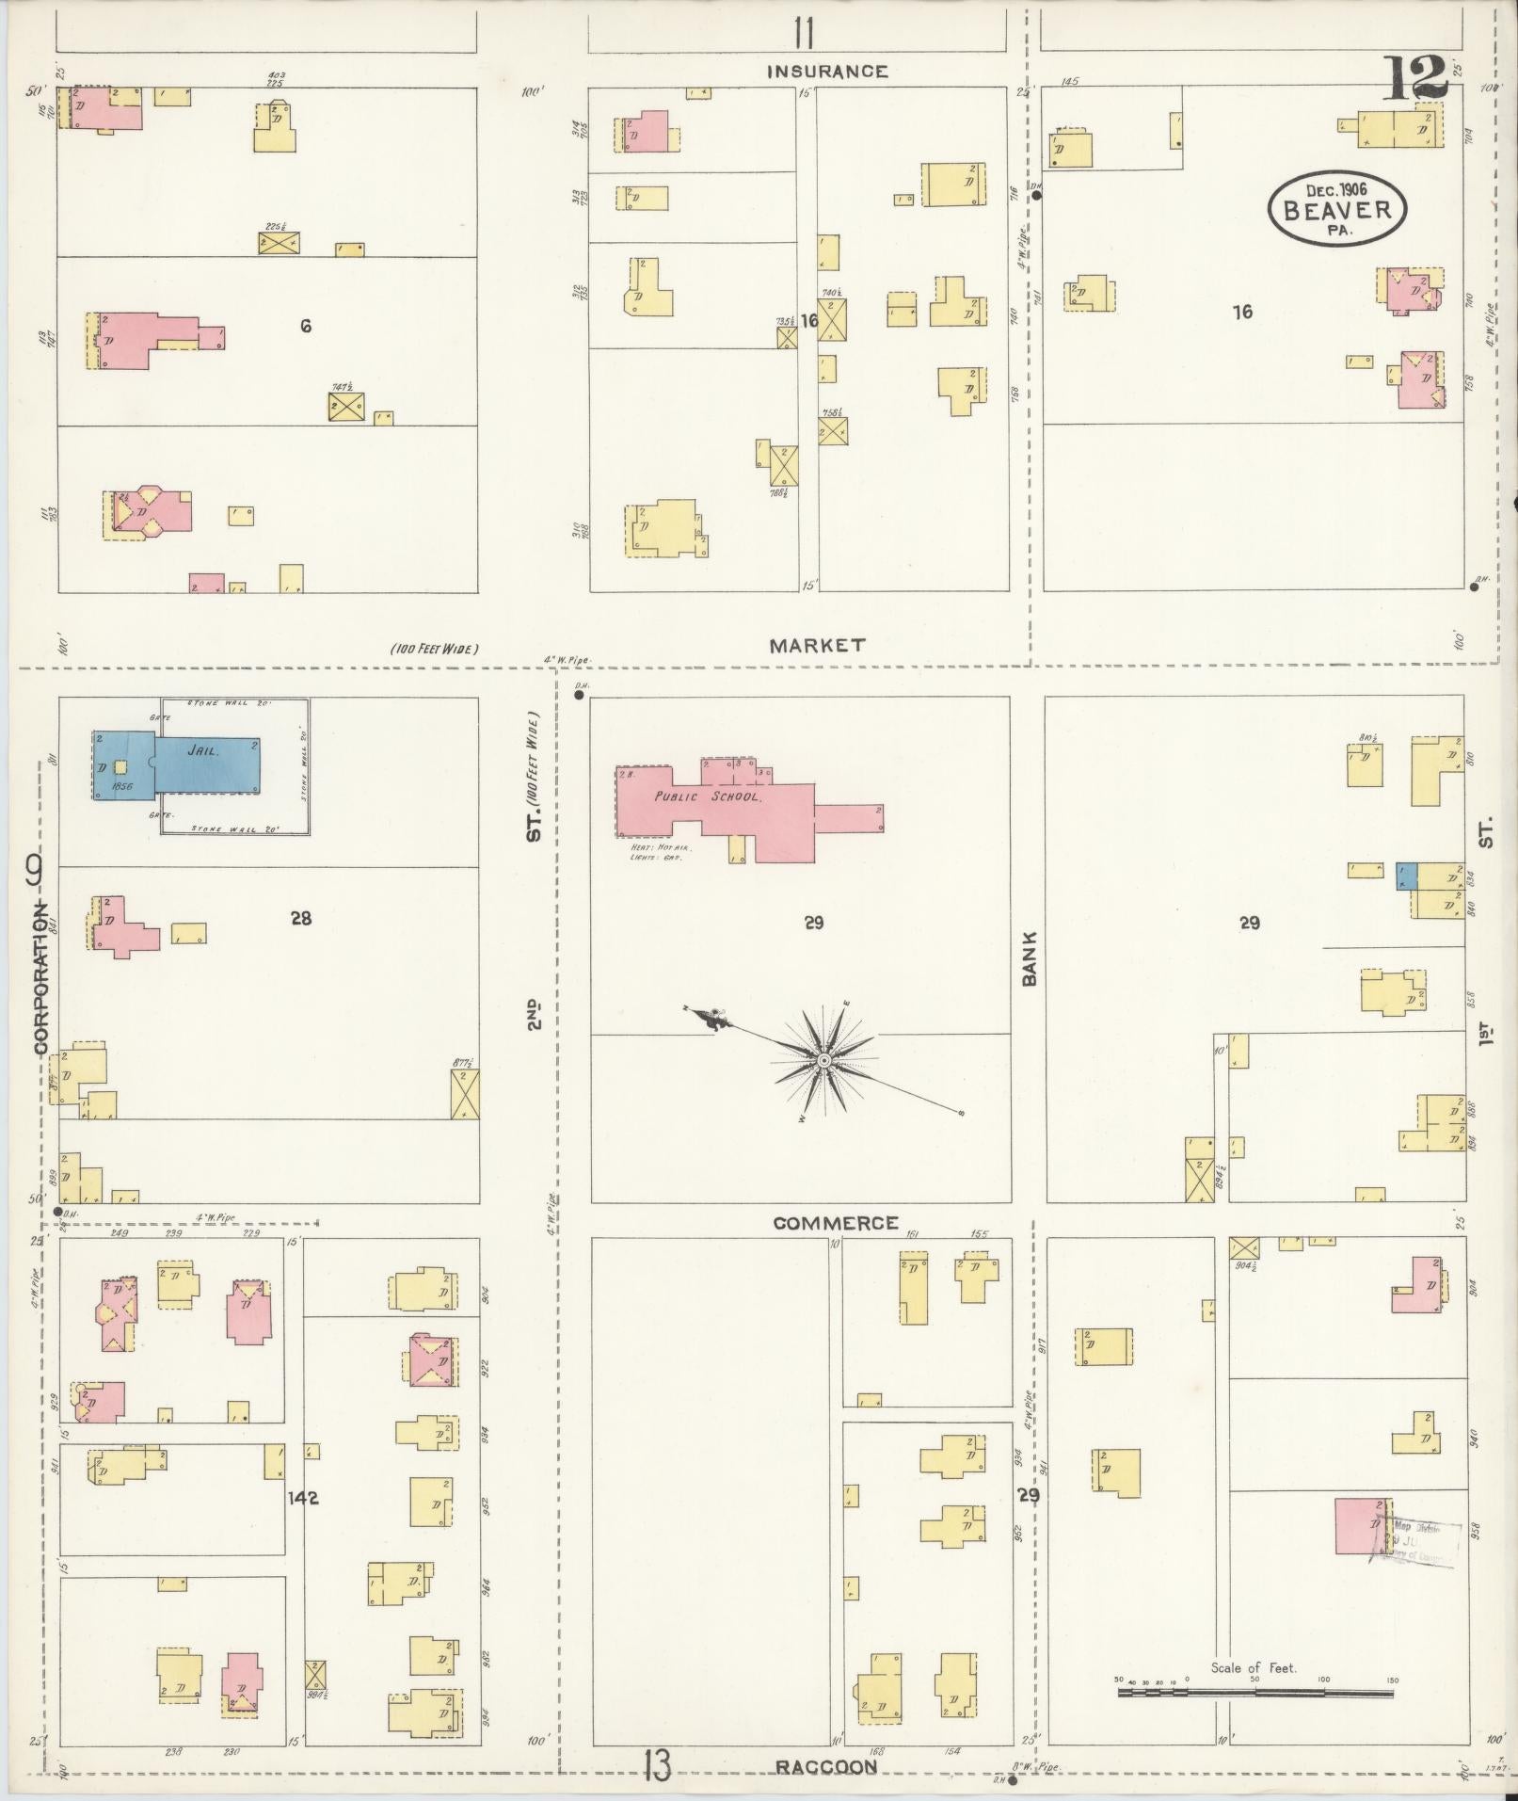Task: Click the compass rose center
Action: pyautogui.click(x=823, y=1061)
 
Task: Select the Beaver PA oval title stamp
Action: pyautogui.click(x=1336, y=209)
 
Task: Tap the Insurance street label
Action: pyautogui.click(x=827, y=72)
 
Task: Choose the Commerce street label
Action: pyautogui.click(x=836, y=1223)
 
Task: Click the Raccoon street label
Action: pyautogui.click(x=827, y=1767)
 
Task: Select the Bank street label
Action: pyautogui.click(x=1029, y=958)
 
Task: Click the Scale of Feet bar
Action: pyautogui.click(x=1255, y=1692)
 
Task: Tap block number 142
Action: pyautogui.click(x=304, y=1497)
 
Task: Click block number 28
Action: pyautogui.click(x=300, y=918)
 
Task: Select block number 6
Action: pyautogui.click(x=305, y=326)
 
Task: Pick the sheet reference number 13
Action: pyautogui.click(x=657, y=1766)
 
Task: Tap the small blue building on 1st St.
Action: pyautogui.click(x=1406, y=876)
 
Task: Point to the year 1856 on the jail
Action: pyautogui.click(x=121, y=785)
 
